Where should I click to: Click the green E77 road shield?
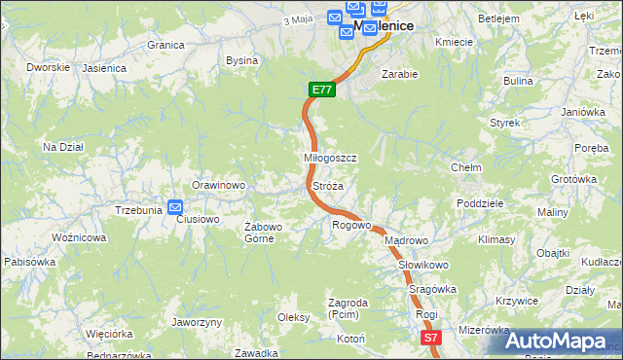click(x=323, y=90)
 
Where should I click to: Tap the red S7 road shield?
click(x=431, y=338)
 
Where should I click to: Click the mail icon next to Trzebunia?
click(x=175, y=206)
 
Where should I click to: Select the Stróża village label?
click(x=327, y=185)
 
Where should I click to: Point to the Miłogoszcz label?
click(x=331, y=158)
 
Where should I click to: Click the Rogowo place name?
click(x=351, y=226)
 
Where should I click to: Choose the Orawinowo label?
click(x=217, y=185)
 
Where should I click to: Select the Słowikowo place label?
click(x=422, y=265)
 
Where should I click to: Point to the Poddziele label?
click(x=479, y=203)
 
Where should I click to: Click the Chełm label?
click(x=466, y=167)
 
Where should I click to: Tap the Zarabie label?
click(x=399, y=74)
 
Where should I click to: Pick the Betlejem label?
click(x=497, y=18)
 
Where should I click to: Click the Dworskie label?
click(x=48, y=67)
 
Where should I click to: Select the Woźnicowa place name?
click(x=78, y=237)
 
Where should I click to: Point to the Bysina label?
click(x=241, y=60)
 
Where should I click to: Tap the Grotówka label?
click(x=573, y=179)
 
